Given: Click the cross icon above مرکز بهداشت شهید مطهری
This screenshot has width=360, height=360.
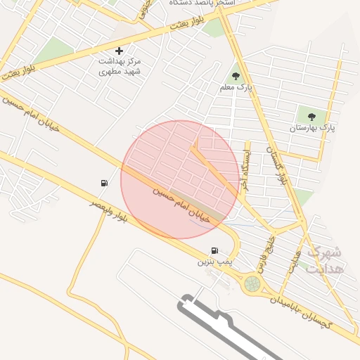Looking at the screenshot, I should (119, 51).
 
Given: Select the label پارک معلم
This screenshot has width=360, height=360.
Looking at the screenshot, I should (240, 88).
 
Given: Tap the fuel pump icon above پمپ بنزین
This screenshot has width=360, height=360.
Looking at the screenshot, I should (214, 250).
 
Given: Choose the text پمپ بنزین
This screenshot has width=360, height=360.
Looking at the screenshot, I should (214, 262).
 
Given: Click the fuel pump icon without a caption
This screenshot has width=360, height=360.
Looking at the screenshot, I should (104, 184).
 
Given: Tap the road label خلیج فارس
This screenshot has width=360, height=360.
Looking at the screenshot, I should (265, 254).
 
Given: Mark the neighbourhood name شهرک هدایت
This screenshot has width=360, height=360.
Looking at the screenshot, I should (327, 259).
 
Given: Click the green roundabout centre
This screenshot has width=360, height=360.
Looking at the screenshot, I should (251, 283).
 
